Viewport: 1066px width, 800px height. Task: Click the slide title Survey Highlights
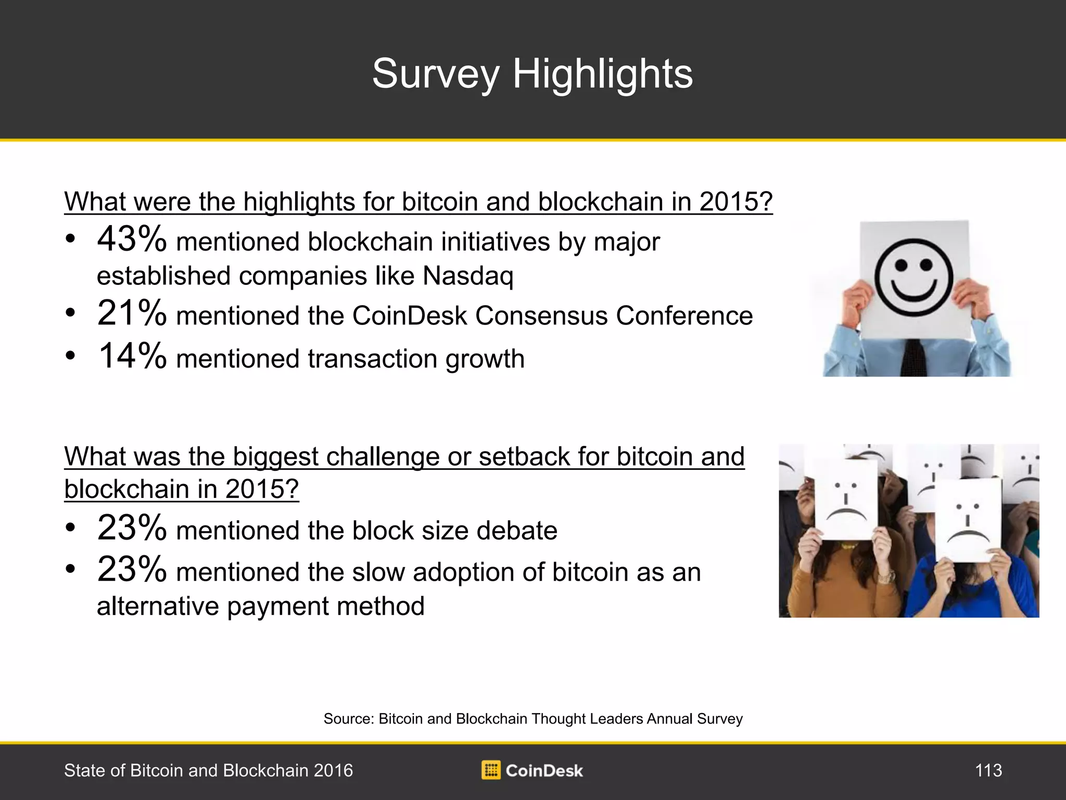[x=532, y=74]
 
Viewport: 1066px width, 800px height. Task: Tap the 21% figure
[x=132, y=313]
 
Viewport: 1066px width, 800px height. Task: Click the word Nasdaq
[x=468, y=277]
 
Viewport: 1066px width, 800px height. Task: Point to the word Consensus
[x=541, y=316]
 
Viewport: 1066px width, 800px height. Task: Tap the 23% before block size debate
[x=132, y=528]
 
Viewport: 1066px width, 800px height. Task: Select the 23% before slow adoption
[x=132, y=569]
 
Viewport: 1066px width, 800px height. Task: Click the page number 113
[x=988, y=770]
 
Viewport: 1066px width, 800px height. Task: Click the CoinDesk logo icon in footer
[x=491, y=770]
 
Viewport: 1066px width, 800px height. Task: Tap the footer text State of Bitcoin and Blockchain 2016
[x=208, y=770]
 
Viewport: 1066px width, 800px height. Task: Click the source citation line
[x=533, y=719]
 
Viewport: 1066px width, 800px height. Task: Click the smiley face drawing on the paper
[x=913, y=277]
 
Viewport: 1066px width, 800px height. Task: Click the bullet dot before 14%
[x=70, y=356]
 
